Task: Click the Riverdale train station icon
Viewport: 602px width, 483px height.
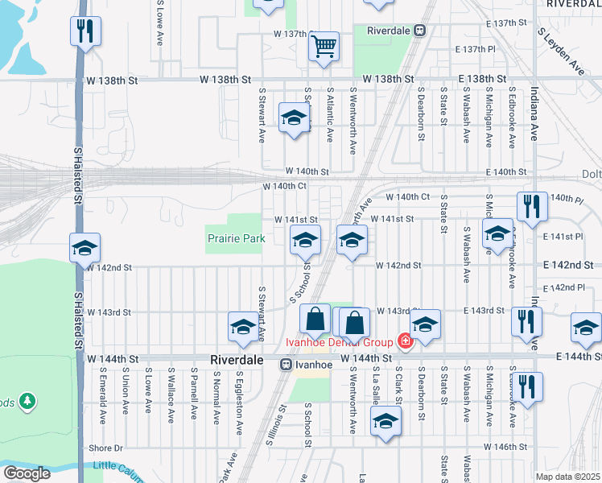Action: click(419, 31)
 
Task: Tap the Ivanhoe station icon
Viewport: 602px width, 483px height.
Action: click(285, 365)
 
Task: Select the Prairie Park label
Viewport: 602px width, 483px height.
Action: click(236, 238)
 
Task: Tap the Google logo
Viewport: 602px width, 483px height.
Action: click(26, 473)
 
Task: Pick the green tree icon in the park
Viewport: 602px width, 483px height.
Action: click(27, 400)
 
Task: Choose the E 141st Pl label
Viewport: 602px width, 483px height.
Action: click(563, 237)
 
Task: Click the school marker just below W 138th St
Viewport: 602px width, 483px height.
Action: click(294, 118)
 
